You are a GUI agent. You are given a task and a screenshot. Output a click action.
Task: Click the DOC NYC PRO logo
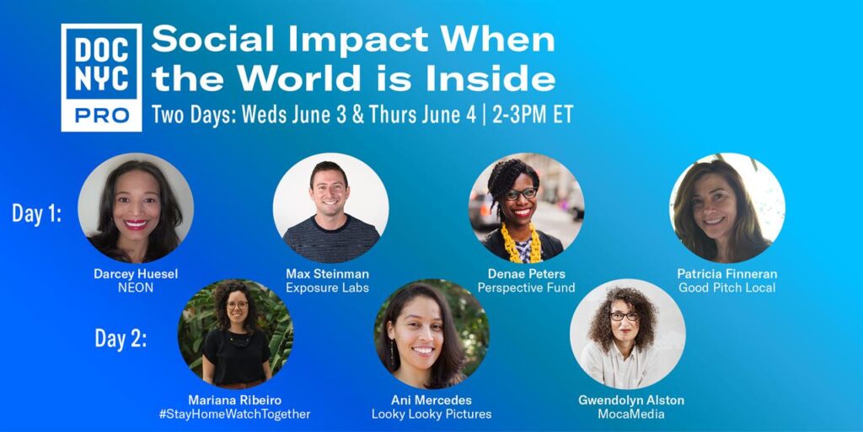pyautogui.click(x=101, y=77)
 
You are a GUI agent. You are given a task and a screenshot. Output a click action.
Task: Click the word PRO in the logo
pyautogui.click(x=102, y=115)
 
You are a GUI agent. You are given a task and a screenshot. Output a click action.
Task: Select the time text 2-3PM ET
pyautogui.click(x=533, y=114)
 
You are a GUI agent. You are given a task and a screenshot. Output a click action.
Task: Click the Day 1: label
pyautogui.click(x=36, y=213)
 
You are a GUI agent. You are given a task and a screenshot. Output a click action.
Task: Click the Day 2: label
pyautogui.click(x=121, y=338)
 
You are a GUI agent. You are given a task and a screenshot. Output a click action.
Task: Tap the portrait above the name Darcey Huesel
pyautogui.click(x=136, y=210)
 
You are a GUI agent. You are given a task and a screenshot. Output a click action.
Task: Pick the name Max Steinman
pyautogui.click(x=328, y=274)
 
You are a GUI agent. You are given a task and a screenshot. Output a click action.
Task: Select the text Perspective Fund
pyautogui.click(x=526, y=288)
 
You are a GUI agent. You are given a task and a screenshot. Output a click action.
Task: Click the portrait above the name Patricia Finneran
pyautogui.click(x=727, y=210)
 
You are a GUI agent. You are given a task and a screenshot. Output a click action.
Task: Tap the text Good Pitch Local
pyautogui.click(x=726, y=288)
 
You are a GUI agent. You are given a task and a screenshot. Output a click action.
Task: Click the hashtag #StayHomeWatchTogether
pyautogui.click(x=235, y=413)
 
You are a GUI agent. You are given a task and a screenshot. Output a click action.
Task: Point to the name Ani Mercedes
pyautogui.click(x=431, y=400)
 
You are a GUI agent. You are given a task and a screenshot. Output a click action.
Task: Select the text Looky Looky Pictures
pyautogui.click(x=431, y=413)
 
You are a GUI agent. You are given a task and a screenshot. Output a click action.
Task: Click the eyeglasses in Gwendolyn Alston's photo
pyautogui.click(x=624, y=316)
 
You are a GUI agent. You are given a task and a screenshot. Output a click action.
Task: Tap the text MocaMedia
pyautogui.click(x=630, y=413)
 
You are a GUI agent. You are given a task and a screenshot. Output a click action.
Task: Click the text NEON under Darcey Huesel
pyautogui.click(x=136, y=288)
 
